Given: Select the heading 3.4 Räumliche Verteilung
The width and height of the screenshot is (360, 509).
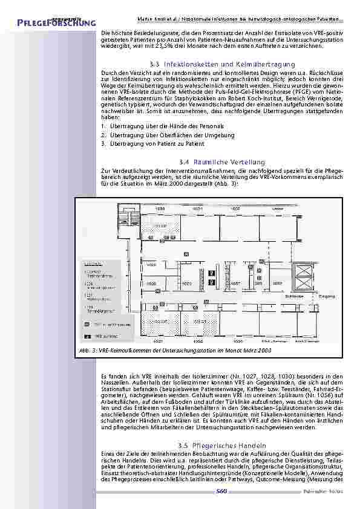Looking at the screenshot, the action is click(x=223, y=162).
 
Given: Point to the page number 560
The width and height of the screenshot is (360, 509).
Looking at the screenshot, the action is click(x=222, y=491).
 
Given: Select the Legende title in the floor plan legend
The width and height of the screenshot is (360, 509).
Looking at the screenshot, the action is click(x=93, y=264).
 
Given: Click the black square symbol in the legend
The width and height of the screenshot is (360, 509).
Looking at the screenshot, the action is click(x=85, y=334).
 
